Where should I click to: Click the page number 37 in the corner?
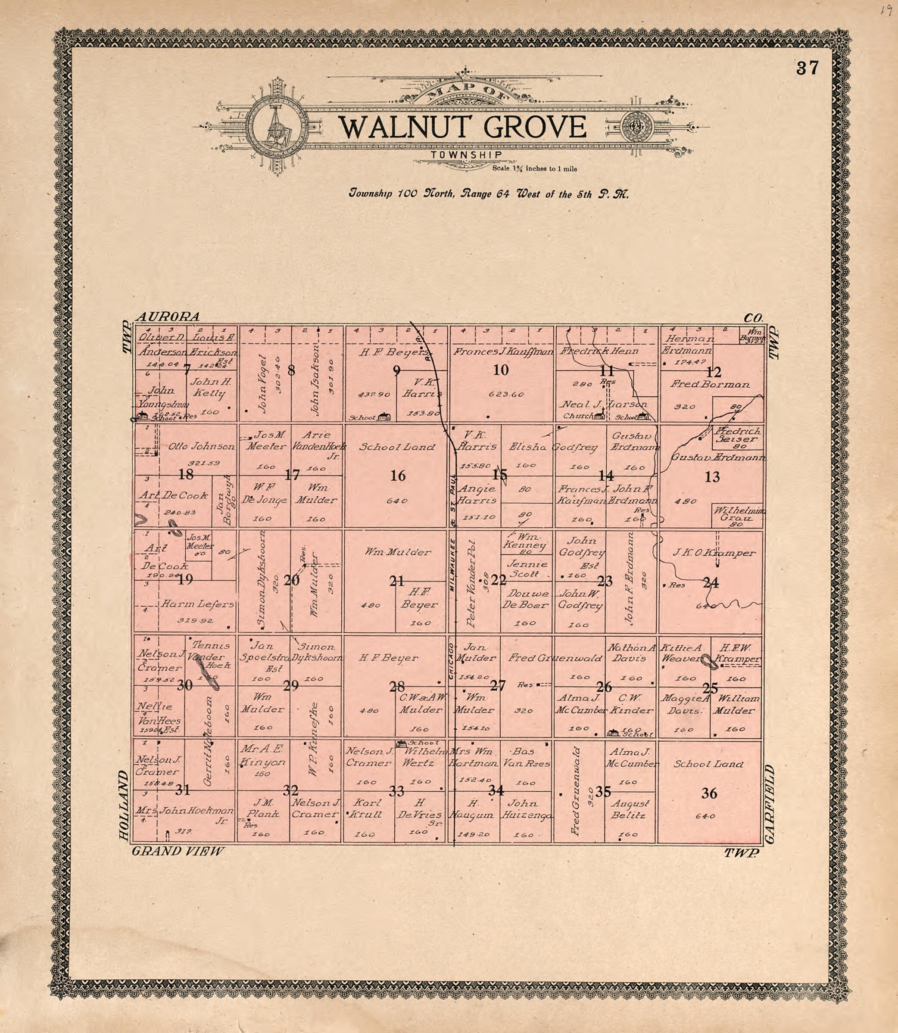point(807,68)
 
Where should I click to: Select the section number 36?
point(709,793)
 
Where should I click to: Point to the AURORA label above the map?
point(168,317)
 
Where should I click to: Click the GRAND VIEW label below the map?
point(178,851)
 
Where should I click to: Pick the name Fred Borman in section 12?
point(710,385)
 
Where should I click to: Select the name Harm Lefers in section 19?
point(197,604)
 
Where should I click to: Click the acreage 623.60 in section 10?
point(506,394)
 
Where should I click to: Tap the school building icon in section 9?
point(384,416)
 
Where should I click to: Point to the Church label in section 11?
point(577,416)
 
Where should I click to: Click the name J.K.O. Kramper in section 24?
point(714,553)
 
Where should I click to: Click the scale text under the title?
point(534,169)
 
